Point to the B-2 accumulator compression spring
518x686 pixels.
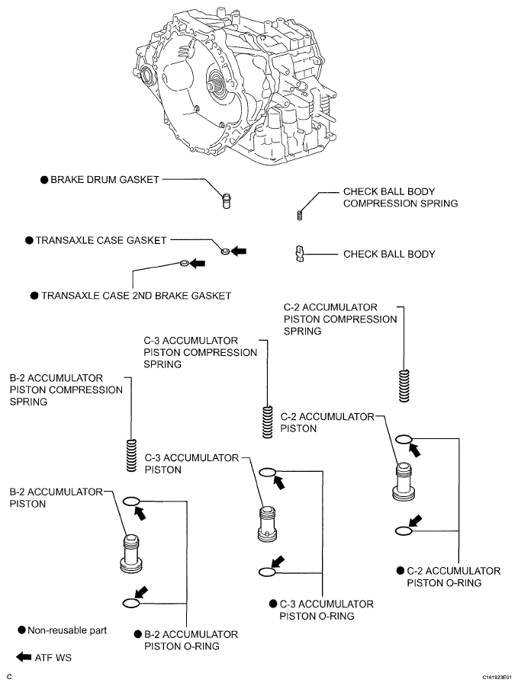tap(131, 456)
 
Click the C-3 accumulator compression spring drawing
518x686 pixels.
tap(267, 422)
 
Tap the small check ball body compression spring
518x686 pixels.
tap(300, 214)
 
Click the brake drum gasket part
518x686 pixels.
tap(226, 200)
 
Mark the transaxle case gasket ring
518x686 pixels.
tap(225, 249)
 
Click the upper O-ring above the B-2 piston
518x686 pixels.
tap(130, 502)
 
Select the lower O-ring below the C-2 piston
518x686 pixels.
tap(404, 531)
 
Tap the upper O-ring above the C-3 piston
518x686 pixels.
tap(267, 473)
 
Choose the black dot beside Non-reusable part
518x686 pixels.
tap(22, 630)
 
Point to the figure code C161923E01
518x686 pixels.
tap(496, 676)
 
